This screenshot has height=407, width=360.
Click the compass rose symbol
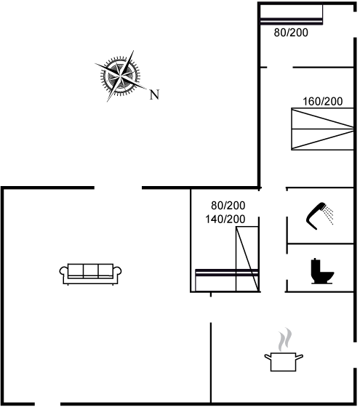[x=120, y=76]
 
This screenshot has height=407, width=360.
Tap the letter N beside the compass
[x=154, y=94]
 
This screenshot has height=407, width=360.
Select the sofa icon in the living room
[x=90, y=275]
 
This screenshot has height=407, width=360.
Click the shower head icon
[x=319, y=216]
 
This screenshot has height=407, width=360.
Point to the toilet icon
[x=322, y=271]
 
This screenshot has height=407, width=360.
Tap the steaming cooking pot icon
[x=284, y=350]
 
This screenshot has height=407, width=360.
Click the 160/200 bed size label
[x=323, y=101]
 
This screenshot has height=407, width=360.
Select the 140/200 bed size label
[x=225, y=219]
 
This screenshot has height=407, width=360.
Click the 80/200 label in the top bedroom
[x=291, y=33]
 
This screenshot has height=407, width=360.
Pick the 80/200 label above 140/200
[x=228, y=206]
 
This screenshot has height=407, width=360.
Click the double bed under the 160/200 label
[x=322, y=129]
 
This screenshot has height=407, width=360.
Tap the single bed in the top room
[x=292, y=15]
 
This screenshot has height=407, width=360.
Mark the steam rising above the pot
[x=285, y=339]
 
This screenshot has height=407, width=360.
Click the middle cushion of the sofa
[x=91, y=270]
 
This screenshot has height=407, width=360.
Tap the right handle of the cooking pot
[x=300, y=357]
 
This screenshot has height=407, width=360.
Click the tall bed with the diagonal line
[x=247, y=259]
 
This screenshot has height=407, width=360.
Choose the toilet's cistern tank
[x=316, y=265]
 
